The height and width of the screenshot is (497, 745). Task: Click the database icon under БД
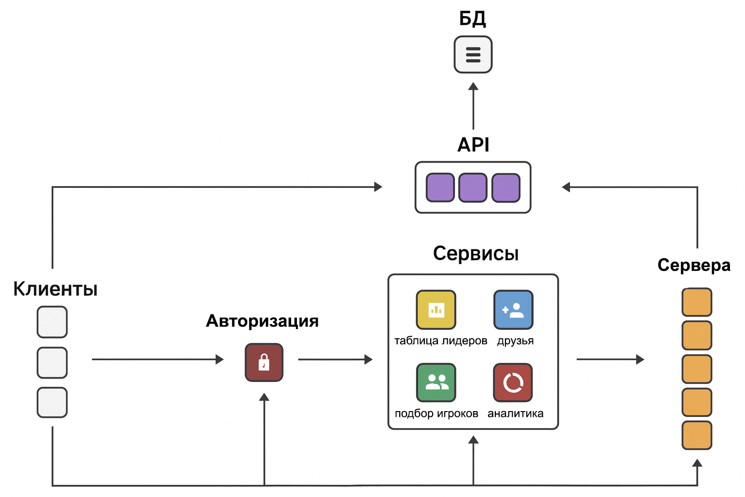point(473,54)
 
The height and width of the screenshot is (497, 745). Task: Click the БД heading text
point(472,18)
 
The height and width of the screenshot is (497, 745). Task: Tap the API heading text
point(473,145)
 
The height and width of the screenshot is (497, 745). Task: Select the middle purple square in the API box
point(473,188)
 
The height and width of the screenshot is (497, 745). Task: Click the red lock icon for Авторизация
point(264,363)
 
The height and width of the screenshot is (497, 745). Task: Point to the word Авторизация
point(262,321)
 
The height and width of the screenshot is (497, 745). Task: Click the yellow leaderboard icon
point(436,310)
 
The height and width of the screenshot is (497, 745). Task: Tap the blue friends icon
point(513,310)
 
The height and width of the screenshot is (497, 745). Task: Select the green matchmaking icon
point(436,382)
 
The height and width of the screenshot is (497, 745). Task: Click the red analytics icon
point(513,382)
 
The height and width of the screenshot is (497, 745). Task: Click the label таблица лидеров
point(440,341)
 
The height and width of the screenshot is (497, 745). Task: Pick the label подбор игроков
point(436,414)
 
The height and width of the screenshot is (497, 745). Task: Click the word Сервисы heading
point(476,253)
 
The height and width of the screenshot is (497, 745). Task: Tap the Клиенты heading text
point(55,289)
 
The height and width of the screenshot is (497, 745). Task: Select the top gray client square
point(52,322)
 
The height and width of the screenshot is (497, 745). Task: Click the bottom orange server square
point(696,435)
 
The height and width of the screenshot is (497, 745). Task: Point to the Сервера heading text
point(694,265)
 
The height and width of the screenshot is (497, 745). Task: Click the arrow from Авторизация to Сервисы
point(335,360)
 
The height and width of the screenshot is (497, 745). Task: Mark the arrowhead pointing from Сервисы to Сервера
point(640,360)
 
